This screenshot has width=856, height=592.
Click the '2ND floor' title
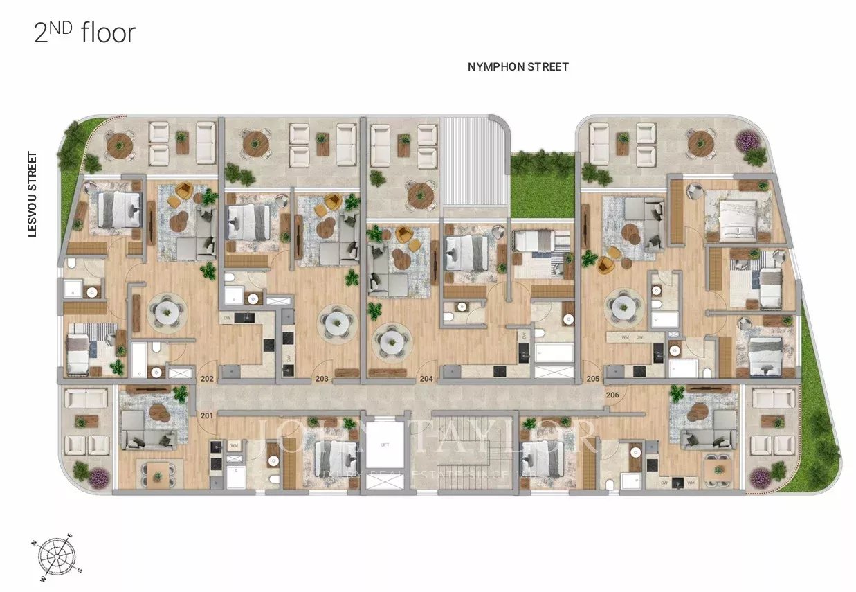tap(84, 33)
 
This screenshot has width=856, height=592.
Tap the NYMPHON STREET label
tap(518, 67)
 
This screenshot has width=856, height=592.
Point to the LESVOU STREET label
tap(32, 195)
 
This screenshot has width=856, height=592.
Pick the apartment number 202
tap(206, 379)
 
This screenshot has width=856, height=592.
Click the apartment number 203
tap(322, 379)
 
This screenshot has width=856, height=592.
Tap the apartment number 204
tap(426, 379)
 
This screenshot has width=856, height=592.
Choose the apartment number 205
tap(592, 379)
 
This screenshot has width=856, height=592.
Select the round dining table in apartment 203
tap(335, 322)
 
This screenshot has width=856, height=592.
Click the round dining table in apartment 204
tap(389, 341)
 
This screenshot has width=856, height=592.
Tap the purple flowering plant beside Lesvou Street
tap(98, 476)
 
